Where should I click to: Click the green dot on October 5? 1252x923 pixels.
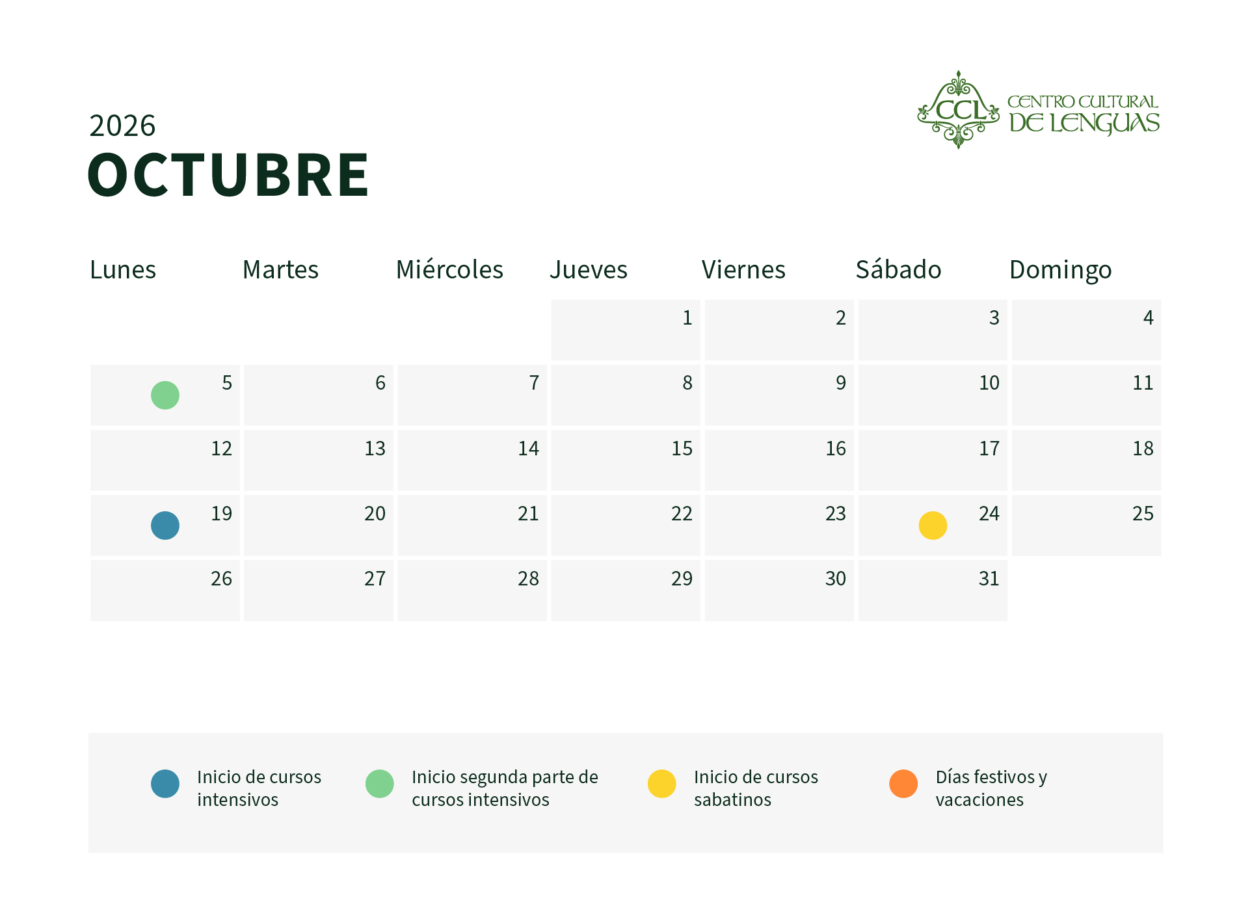pyautogui.click(x=165, y=395)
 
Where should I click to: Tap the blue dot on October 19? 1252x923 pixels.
pyautogui.click(x=165, y=526)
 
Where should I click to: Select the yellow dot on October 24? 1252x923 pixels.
pyautogui.click(x=933, y=526)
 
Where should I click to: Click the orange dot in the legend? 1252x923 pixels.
pyautogui.click(x=903, y=784)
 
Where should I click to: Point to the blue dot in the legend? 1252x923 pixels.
pyautogui.click(x=165, y=784)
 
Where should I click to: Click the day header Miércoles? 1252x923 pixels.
pyautogui.click(x=449, y=269)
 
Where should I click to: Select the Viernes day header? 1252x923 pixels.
pyautogui.click(x=743, y=269)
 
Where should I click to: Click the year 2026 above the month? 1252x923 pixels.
pyautogui.click(x=122, y=126)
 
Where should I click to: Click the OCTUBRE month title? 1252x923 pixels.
pyautogui.click(x=228, y=174)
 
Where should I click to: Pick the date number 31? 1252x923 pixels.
pyautogui.click(x=989, y=578)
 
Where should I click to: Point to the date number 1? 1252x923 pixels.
pyautogui.click(x=687, y=317)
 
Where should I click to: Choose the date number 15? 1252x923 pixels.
pyautogui.click(x=682, y=448)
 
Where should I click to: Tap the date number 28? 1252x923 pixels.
pyautogui.click(x=528, y=578)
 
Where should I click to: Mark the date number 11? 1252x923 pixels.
pyautogui.click(x=1143, y=382)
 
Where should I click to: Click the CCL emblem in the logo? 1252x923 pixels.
pyautogui.click(x=958, y=110)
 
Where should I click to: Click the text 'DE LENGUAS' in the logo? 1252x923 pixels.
pyautogui.click(x=1084, y=124)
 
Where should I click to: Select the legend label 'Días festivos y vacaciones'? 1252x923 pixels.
pyautogui.click(x=991, y=788)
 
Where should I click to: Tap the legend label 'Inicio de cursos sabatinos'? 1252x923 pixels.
pyautogui.click(x=756, y=788)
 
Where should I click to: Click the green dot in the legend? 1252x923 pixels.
pyautogui.click(x=380, y=784)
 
